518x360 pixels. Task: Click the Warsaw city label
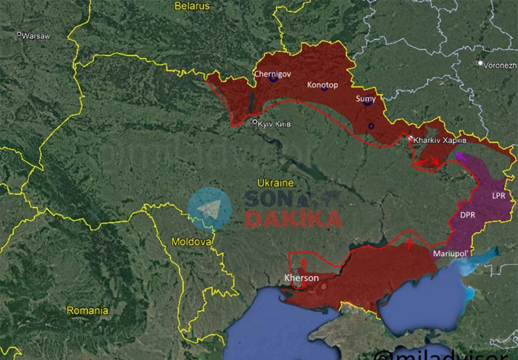click(36, 36)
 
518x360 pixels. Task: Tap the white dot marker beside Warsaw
click(19, 34)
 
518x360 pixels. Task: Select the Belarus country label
click(192, 6)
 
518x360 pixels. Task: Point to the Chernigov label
click(272, 74)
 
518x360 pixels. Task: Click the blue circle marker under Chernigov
click(273, 78)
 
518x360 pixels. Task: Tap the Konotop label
click(322, 85)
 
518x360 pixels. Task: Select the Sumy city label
click(365, 98)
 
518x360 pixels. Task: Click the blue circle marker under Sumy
click(367, 102)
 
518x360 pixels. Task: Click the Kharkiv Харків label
click(439, 140)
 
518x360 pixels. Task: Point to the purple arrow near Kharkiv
click(461, 156)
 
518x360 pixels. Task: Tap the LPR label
click(498, 196)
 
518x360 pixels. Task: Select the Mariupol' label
click(450, 253)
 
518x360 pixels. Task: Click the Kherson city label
click(301, 278)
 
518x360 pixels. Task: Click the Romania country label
click(87, 310)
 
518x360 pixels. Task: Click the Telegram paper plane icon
click(209, 209)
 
